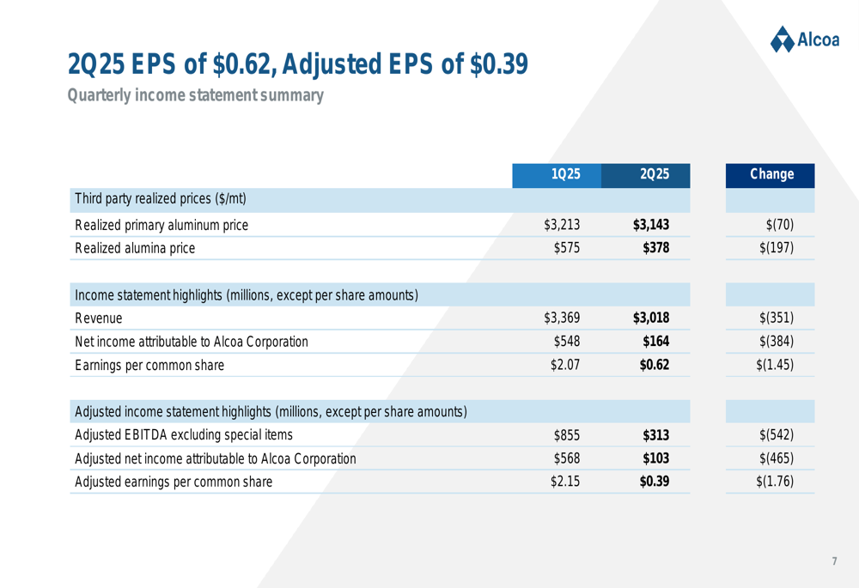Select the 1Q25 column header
565,174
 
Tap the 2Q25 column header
655,174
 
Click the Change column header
771,174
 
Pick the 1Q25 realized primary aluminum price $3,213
563,226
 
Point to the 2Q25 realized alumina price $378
655,249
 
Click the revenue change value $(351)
777,318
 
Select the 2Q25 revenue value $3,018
650,318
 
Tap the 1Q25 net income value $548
567,342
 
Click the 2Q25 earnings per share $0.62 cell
654,365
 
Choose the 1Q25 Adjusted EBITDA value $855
567,434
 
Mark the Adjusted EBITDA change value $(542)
777,434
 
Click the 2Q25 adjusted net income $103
655,458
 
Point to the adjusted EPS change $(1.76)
774,481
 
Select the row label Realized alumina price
135,249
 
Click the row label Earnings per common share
149,365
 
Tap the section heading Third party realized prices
161,199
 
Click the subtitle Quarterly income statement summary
196,95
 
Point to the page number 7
833,561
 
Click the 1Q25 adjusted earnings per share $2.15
564,481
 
